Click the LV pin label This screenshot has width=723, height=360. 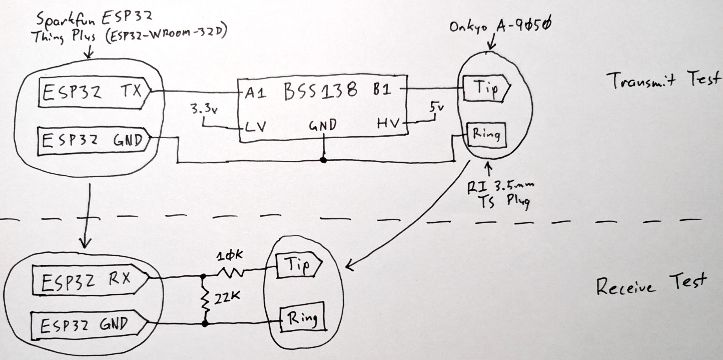click(x=255, y=126)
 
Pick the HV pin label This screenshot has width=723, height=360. click(x=388, y=124)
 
